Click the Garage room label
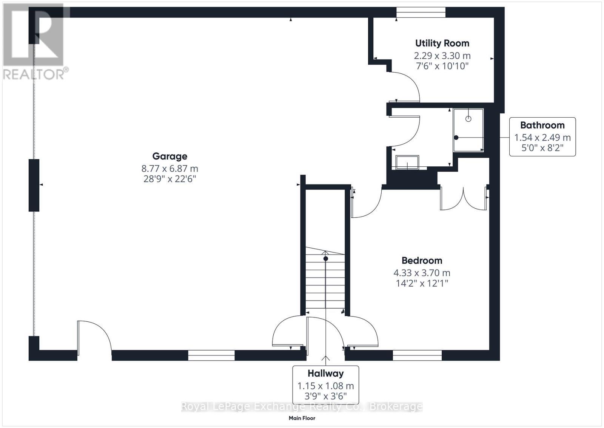[169, 156]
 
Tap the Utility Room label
[442, 43]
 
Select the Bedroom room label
[422, 261]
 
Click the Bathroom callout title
[542, 125]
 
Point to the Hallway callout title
[325, 374]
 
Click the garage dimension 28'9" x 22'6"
[169, 179]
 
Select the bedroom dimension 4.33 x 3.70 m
[422, 273]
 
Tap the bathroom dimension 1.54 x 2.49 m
[542, 138]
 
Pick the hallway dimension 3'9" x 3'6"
[325, 397]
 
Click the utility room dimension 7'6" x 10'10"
[442, 66]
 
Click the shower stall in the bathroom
[468, 130]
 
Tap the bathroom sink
[407, 162]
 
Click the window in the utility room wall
[421, 13]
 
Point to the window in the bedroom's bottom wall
[417, 355]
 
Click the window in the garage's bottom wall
[211, 355]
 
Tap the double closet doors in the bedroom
[463, 198]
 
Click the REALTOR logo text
[36, 74]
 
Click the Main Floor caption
[302, 418]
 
